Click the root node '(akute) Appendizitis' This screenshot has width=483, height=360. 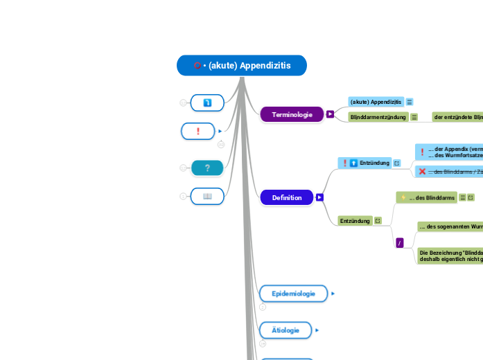[241, 66]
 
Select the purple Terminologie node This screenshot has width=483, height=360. [292, 114]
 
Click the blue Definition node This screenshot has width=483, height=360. [286, 197]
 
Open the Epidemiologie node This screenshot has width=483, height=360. [293, 294]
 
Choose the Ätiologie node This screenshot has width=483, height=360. [286, 330]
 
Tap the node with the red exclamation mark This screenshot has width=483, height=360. [198, 131]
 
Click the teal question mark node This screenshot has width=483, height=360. [207, 168]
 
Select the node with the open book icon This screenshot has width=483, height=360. [207, 197]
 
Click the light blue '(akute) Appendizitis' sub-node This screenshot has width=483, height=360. [376, 102]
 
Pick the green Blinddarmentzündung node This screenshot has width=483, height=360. [378, 117]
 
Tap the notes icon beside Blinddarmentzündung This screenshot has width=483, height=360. [414, 117]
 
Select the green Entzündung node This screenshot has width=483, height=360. [354, 221]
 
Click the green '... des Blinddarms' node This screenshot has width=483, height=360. [426, 198]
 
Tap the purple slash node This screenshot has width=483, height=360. [399, 242]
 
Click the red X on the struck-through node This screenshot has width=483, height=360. [422, 171]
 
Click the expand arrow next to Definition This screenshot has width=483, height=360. [319, 197]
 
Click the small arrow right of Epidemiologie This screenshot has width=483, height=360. [333, 294]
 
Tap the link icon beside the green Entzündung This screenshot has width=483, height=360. [378, 221]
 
